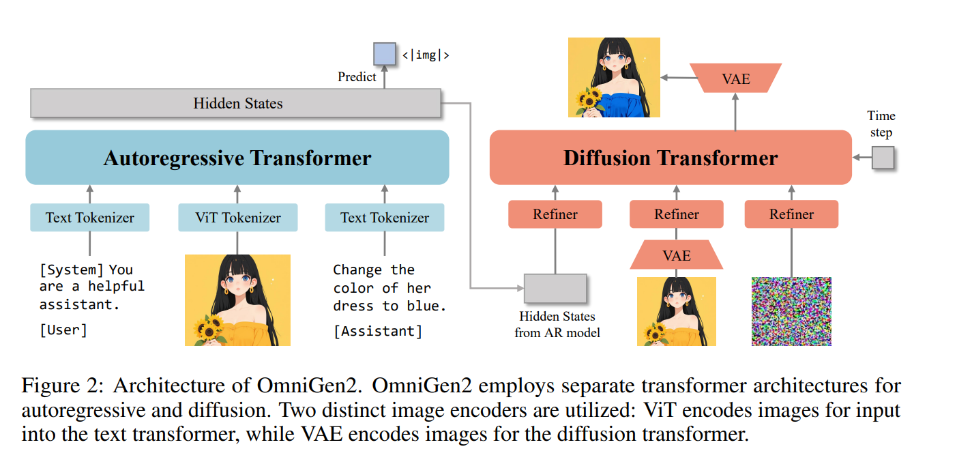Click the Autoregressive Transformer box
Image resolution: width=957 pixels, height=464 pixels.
coord(237,158)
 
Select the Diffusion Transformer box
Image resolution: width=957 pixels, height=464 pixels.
coord(671,158)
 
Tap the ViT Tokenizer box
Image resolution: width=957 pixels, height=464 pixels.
coord(237,218)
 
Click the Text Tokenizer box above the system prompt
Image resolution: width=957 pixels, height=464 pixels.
coord(89,218)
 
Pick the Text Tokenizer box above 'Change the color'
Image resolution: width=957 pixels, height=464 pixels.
coord(384,218)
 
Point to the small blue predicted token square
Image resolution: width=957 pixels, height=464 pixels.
coord(384,54)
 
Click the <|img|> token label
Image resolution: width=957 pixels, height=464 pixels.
coord(426,55)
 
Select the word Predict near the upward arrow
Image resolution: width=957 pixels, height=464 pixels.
coord(357,76)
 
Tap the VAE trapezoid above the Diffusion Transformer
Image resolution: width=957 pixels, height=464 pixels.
coord(735,78)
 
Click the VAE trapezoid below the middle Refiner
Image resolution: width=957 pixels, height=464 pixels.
coord(676,256)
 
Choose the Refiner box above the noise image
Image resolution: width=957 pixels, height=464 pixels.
coord(791,214)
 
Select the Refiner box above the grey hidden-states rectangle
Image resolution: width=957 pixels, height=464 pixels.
coord(555,214)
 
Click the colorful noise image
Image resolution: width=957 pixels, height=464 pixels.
coord(791,310)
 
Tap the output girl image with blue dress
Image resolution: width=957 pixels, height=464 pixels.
coord(614,77)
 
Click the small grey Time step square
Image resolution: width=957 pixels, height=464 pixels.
coord(883,158)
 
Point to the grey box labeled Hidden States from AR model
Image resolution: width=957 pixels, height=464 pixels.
coord(555,288)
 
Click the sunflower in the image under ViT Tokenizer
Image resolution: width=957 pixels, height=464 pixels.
coord(209,328)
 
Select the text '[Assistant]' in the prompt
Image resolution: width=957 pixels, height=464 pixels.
coord(378,332)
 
